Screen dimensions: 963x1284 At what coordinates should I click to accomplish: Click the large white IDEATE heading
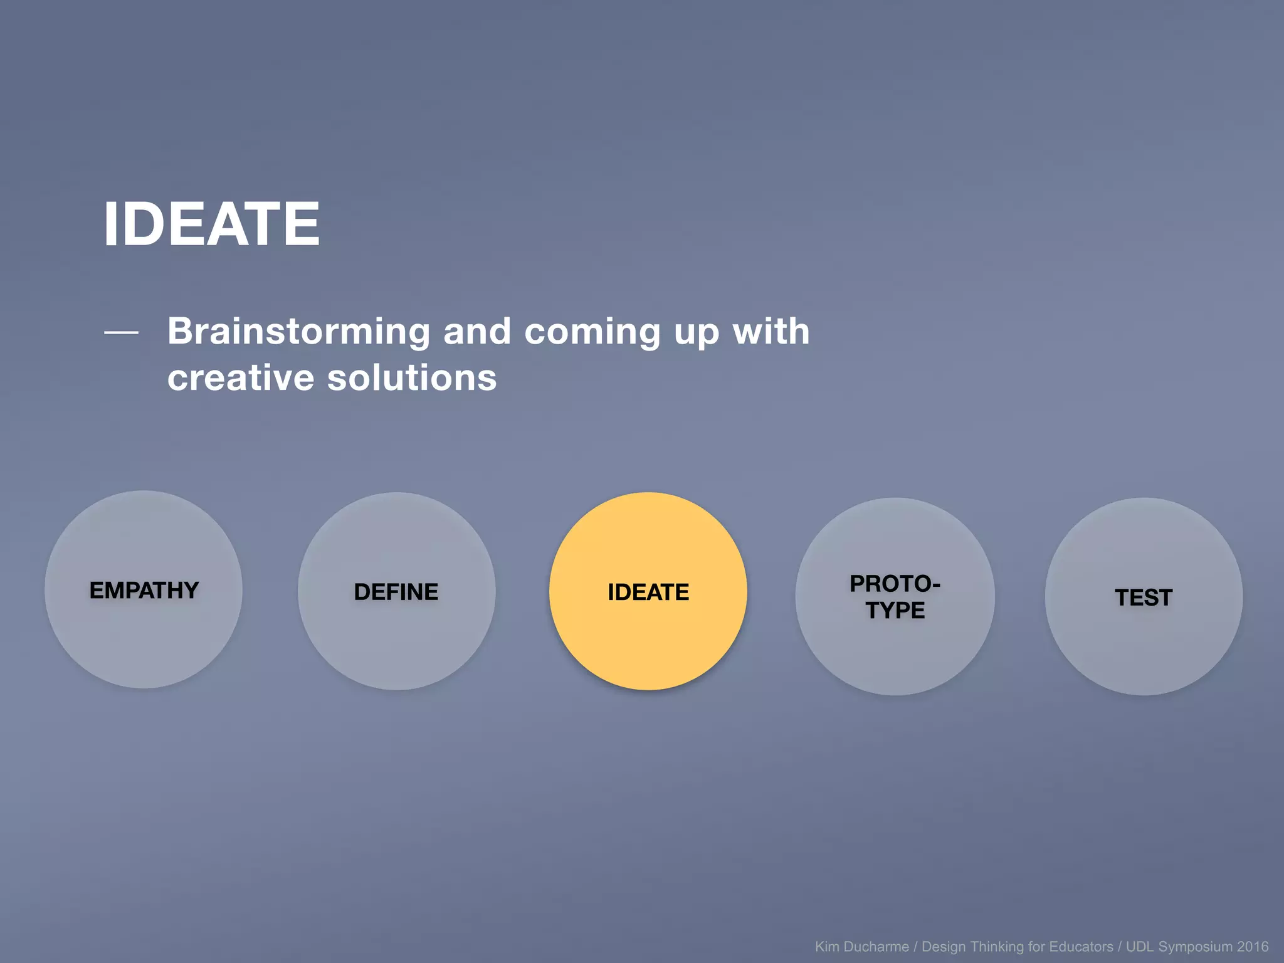point(211,224)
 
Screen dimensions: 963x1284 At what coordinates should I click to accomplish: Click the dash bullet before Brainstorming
point(121,332)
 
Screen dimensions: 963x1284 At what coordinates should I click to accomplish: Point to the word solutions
point(412,378)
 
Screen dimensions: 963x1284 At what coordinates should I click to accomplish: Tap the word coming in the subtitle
point(592,332)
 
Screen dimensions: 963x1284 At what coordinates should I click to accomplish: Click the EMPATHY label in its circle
point(144,591)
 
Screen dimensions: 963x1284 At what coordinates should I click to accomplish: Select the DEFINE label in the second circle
point(396,592)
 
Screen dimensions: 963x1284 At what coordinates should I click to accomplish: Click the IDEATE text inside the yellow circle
point(648,592)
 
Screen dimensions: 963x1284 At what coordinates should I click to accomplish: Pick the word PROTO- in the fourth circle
point(895,584)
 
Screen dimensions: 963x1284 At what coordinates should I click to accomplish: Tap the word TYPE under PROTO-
point(895,611)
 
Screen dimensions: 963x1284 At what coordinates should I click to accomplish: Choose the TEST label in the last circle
point(1144,598)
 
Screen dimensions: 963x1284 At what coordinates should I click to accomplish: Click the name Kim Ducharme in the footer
point(861,947)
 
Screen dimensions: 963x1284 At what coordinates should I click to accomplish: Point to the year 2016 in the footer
point(1252,947)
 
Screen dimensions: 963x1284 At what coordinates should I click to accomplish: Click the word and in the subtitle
point(477,331)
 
